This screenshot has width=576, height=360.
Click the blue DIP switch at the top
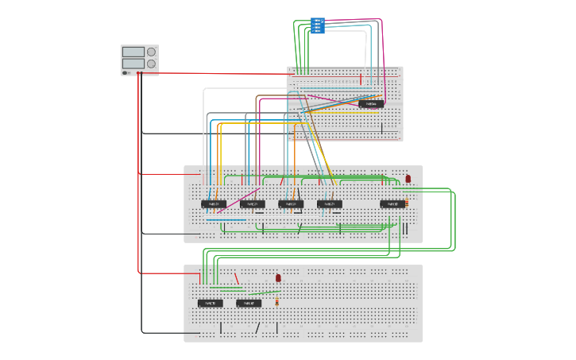click(318, 25)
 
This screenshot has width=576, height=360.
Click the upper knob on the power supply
click(151, 52)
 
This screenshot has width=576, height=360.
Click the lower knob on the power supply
click(151, 64)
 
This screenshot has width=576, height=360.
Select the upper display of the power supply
click(133, 52)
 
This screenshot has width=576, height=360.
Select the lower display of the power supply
click(133, 63)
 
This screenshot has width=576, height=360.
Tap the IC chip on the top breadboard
click(371, 103)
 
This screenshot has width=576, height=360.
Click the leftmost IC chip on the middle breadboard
click(214, 204)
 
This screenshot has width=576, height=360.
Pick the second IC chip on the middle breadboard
click(253, 204)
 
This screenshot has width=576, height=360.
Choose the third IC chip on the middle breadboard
click(291, 204)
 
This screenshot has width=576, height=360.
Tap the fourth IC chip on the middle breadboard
click(330, 204)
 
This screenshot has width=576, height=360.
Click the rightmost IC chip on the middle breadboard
click(392, 204)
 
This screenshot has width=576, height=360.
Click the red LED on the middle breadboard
click(408, 179)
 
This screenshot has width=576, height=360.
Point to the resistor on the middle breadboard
click(407, 203)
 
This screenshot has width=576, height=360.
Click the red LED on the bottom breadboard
click(278, 278)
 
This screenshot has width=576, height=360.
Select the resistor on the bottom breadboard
click(276, 302)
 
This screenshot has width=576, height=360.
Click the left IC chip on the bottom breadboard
click(211, 303)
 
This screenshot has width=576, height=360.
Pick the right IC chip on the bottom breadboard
click(249, 303)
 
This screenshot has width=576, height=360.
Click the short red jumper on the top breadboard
click(361, 79)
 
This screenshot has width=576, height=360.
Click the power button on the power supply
click(126, 72)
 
